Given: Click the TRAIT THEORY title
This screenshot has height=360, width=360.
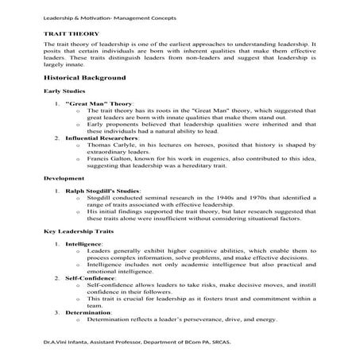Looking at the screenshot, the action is [72, 35].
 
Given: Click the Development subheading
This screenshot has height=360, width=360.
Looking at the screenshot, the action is [64, 179].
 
